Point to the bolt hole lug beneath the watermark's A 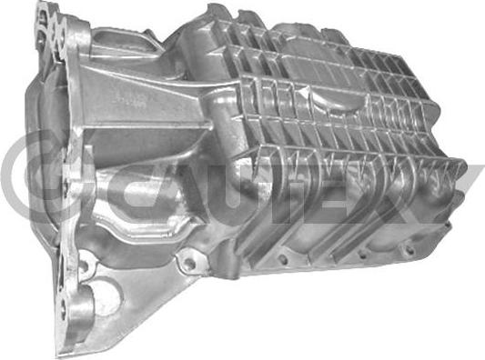(x=187, y=263)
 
